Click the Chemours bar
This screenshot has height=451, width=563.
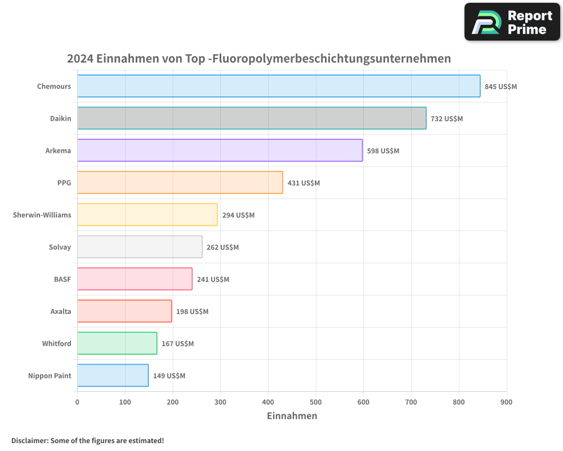279,86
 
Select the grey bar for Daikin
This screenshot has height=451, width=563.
252,118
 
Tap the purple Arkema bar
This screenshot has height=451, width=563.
220,151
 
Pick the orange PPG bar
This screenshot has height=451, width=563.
180,183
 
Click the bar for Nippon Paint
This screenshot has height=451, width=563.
113,375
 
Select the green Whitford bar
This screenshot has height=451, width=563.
117,343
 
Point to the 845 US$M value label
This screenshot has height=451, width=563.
501,87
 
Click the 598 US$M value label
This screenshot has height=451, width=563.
383,151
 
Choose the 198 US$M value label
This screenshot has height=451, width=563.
192,312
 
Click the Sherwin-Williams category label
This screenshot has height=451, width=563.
42,215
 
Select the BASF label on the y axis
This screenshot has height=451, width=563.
62,279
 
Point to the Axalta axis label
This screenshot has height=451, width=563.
61,311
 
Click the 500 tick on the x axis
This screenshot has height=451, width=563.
316,402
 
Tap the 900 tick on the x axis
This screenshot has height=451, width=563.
506,402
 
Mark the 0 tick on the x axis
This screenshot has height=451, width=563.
77,402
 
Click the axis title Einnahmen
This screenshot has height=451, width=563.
292,416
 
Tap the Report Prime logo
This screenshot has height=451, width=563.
512,22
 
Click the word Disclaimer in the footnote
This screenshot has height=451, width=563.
29,440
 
